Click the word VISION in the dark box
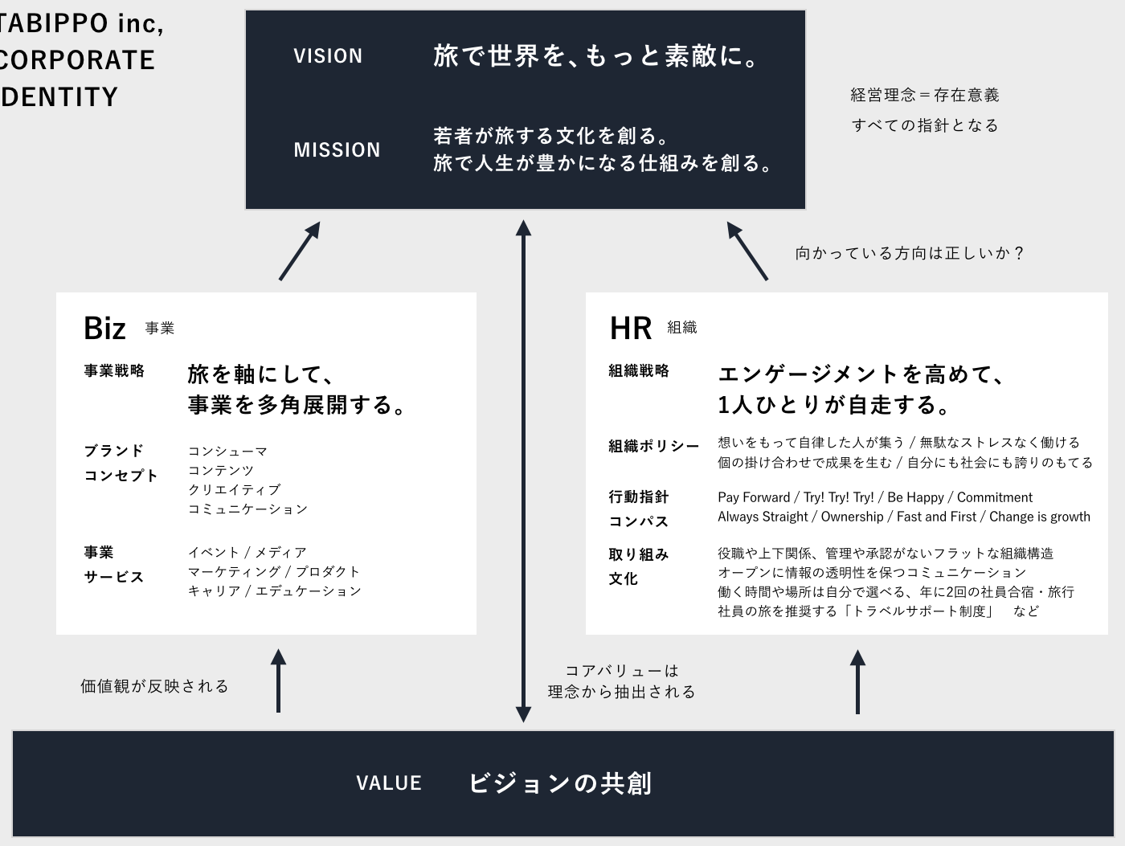pos(328,56)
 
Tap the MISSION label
pos(337,150)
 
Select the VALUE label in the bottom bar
pos(389,783)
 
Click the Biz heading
pos(104,328)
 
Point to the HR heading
pos(631,328)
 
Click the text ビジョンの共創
pos(560,783)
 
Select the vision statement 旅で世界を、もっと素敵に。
pos(595,56)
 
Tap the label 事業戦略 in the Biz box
pos(114,370)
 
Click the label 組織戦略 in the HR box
pos(639,370)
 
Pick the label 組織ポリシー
pos(653,447)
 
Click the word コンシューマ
pos(228,452)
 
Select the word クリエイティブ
pos(234,490)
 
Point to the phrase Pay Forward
pos(754,497)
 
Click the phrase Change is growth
pos(1039,517)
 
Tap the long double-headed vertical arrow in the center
pos(523,472)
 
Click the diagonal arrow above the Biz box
pos(300,251)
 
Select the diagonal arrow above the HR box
pos(747,251)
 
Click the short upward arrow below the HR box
pos(858,681)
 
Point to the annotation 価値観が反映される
pos(154,686)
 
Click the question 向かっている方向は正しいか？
pos(910,253)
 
